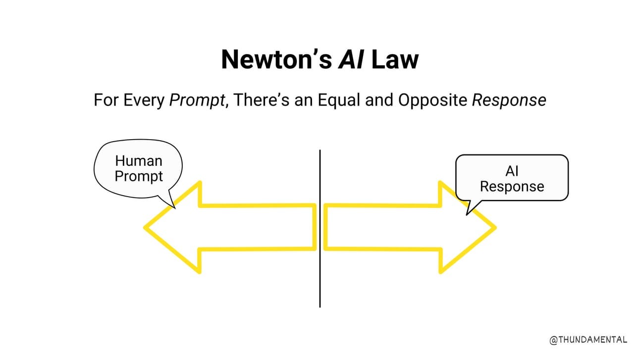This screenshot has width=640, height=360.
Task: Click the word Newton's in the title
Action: (x=276, y=59)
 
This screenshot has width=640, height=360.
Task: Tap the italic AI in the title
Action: (x=351, y=59)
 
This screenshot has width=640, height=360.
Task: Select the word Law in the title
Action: (x=395, y=59)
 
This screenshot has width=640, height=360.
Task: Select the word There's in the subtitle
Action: (x=262, y=101)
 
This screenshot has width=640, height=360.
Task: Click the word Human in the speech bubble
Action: (x=139, y=161)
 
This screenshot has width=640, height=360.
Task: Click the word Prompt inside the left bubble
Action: (x=139, y=176)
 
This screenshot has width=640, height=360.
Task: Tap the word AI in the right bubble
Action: (x=512, y=171)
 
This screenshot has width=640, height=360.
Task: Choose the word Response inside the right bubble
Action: (x=512, y=187)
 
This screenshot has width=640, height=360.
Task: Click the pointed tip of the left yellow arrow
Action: (x=144, y=228)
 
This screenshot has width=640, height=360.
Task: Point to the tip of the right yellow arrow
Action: (x=496, y=228)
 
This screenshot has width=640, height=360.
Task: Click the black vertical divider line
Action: (x=320, y=228)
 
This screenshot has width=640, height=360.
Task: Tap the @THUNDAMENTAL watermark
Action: (x=588, y=340)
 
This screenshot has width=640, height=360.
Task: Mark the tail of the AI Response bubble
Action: (x=472, y=207)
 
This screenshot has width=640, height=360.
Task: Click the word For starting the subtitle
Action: (x=107, y=101)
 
